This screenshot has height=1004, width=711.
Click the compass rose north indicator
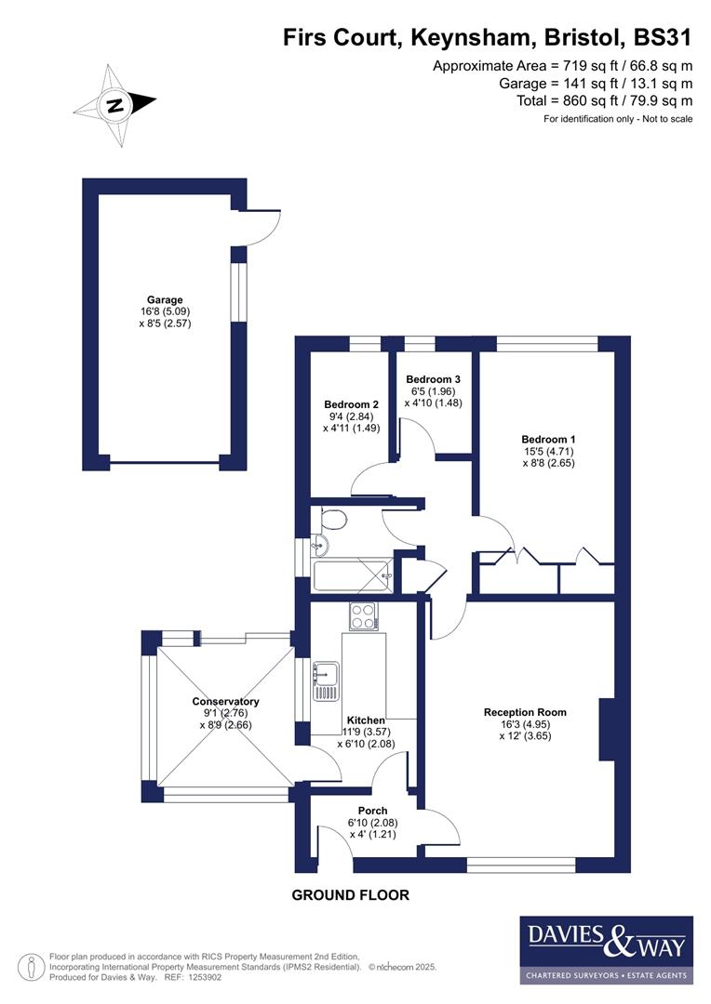(115, 105)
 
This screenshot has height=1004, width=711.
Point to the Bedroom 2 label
(351, 404)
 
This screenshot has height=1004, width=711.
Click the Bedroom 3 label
(433, 379)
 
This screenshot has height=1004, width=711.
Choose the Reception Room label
(525, 712)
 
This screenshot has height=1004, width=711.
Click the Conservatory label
(225, 702)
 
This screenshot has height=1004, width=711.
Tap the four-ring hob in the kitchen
(362, 615)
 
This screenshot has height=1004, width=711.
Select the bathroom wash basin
(321, 545)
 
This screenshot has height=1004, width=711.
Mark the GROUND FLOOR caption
(350, 895)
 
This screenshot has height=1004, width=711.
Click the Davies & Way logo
(606, 949)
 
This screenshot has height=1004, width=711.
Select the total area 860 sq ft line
(604, 100)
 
